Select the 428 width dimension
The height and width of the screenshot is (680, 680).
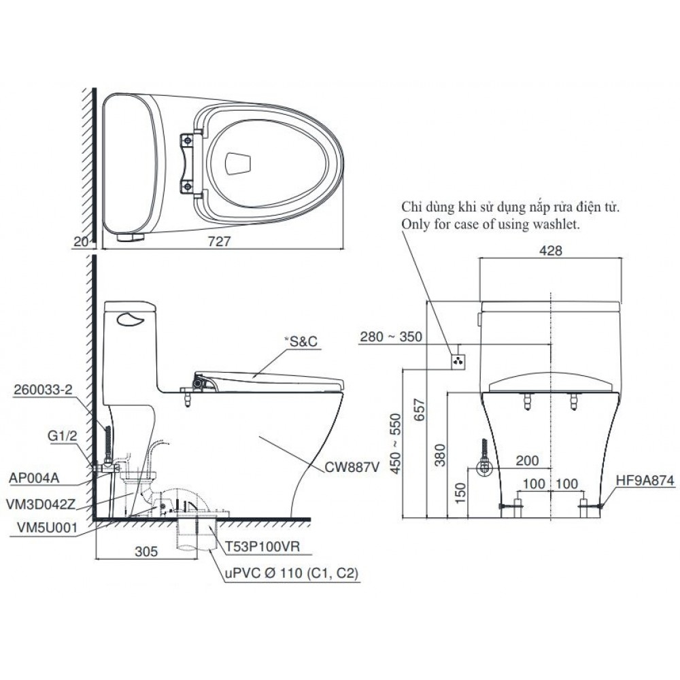coord(551,250)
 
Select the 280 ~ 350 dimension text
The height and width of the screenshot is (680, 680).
coord(392,337)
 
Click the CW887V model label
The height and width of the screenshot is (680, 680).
coord(352,467)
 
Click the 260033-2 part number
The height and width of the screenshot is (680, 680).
coord(43,390)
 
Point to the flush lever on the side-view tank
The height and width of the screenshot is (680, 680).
coord(132,318)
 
